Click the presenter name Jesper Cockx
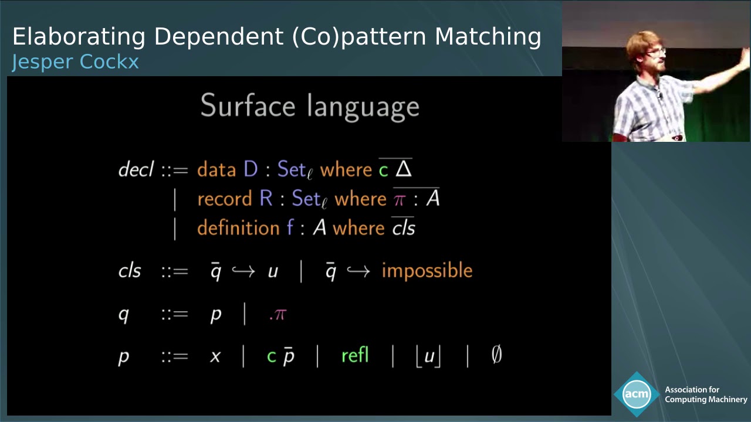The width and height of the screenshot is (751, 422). click(x=75, y=62)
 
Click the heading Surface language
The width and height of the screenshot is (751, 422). click(x=310, y=106)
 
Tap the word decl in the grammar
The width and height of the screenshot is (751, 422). click(x=136, y=170)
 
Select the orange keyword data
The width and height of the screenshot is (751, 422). click(x=216, y=170)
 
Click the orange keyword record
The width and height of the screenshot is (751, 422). click(x=225, y=199)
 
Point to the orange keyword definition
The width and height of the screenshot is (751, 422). click(x=238, y=227)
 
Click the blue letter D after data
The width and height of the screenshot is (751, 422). click(x=251, y=170)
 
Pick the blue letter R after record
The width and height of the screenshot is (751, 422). click(x=266, y=199)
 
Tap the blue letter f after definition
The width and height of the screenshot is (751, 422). click(x=290, y=227)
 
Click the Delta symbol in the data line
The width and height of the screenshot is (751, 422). click(x=404, y=170)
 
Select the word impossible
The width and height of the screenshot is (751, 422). click(x=427, y=270)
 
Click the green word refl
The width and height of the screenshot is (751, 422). click(x=355, y=355)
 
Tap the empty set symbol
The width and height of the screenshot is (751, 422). click(x=496, y=355)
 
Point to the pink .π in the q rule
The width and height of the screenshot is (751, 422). click(x=277, y=314)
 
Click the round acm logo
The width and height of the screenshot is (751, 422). click(x=637, y=394)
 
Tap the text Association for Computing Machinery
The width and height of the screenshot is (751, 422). click(x=705, y=394)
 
